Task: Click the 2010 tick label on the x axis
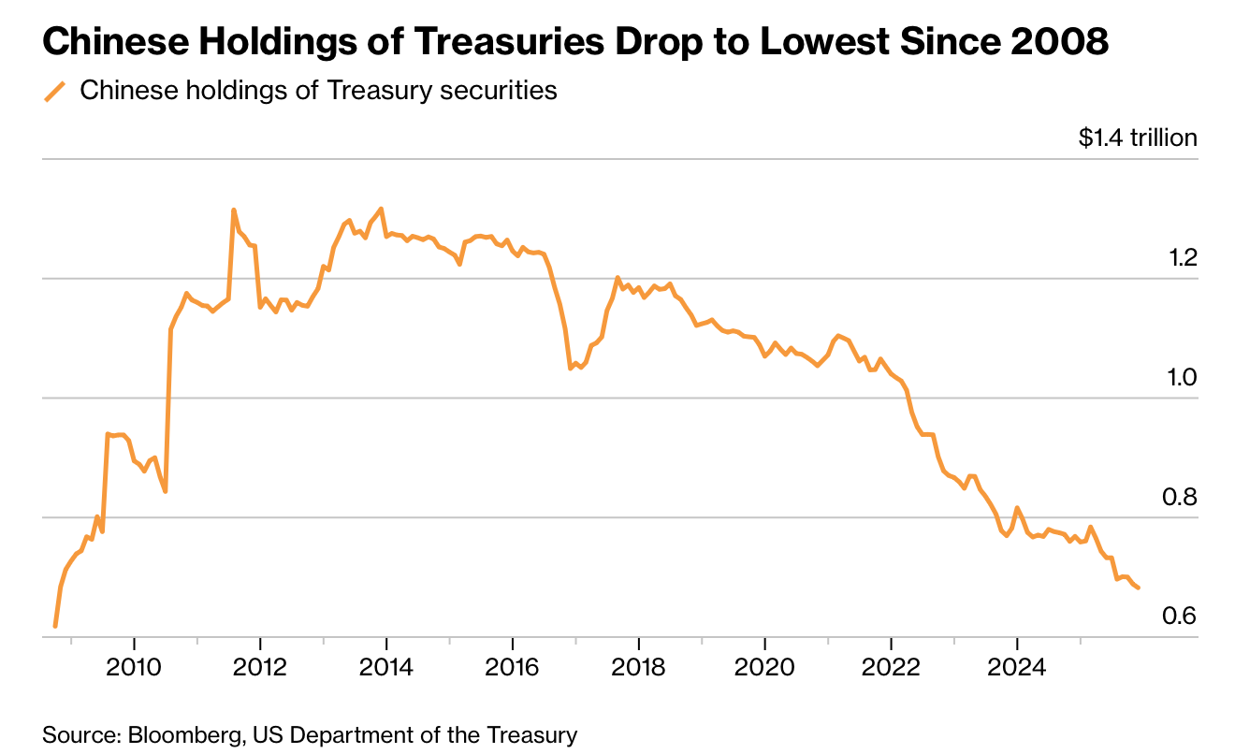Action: [135, 669]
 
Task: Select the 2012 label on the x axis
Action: [260, 669]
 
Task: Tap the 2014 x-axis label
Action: [386, 669]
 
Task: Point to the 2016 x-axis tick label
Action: [513, 669]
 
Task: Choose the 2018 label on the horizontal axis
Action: [638, 669]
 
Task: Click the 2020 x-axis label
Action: [764, 669]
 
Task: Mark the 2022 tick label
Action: [891, 669]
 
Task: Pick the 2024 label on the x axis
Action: [1017, 669]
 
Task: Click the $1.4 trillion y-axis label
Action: [1138, 138]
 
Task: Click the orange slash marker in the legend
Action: [56, 91]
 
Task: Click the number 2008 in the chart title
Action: [1056, 42]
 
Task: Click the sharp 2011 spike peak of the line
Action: [233, 210]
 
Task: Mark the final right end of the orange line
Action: [1139, 587]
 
